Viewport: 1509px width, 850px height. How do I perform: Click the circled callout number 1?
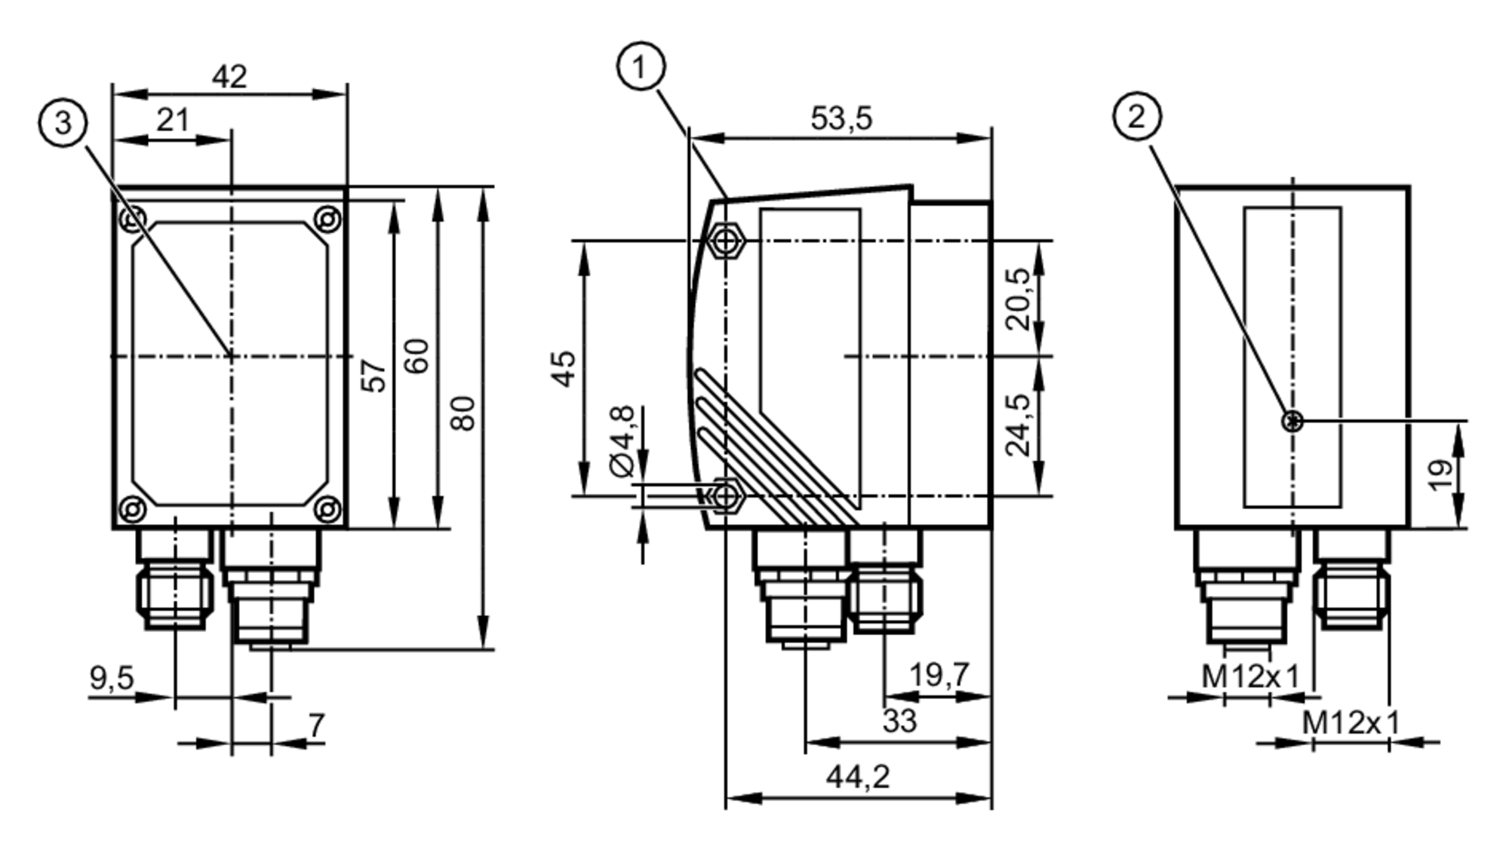click(x=641, y=67)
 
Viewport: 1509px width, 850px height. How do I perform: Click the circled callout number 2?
click(x=1136, y=117)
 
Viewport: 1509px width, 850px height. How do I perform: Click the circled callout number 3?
click(x=63, y=122)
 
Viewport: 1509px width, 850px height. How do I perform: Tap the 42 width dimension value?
click(x=229, y=76)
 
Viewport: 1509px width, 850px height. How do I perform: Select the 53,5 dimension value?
click(x=841, y=118)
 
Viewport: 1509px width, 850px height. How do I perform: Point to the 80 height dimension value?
click(x=463, y=413)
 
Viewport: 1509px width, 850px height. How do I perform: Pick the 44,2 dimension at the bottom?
click(x=858, y=776)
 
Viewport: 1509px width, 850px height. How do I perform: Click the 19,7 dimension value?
click(x=938, y=674)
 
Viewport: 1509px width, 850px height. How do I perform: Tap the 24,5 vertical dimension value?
click(x=1019, y=425)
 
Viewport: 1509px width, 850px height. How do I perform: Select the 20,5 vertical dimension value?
click(x=1019, y=299)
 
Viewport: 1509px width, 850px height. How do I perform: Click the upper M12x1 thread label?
click(x=1250, y=677)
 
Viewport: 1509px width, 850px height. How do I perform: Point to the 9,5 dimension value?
click(x=112, y=678)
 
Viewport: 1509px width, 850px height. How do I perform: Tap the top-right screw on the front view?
click(x=327, y=219)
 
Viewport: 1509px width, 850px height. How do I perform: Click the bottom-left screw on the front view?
click(x=132, y=509)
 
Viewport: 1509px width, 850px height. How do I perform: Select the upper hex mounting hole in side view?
click(x=727, y=241)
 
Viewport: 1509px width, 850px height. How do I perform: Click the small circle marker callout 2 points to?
click(x=1293, y=422)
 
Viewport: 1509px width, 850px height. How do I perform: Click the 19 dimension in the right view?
click(x=1440, y=475)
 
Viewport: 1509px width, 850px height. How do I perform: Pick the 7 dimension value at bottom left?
click(x=316, y=726)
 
